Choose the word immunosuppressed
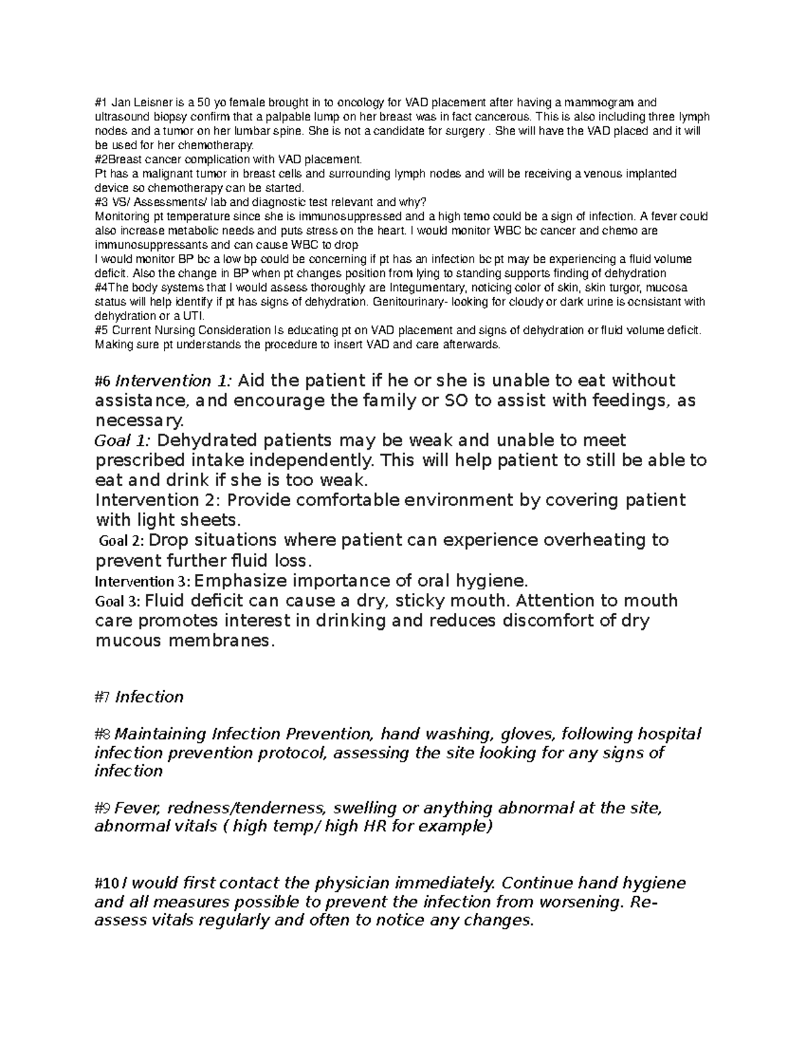tap(316, 216)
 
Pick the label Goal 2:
tap(121, 540)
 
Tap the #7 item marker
tap(103, 697)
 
